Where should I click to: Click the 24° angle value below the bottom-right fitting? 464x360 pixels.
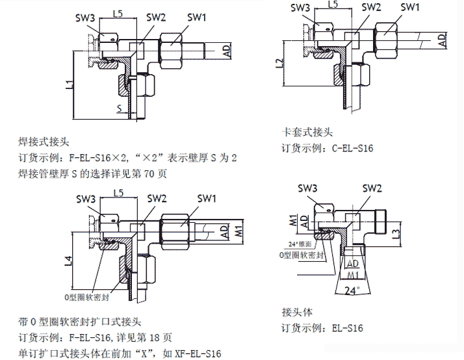pyautogui.click(x=352, y=290)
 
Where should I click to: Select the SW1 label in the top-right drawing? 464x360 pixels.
pyautogui.click(x=409, y=7)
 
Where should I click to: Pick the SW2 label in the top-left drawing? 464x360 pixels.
pyautogui.click(x=156, y=18)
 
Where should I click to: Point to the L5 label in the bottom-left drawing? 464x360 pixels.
pyautogui.click(x=118, y=193)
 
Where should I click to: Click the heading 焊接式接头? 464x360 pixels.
pyautogui.click(x=44, y=141)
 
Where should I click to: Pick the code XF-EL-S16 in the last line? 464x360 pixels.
pyautogui.click(x=198, y=354)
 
